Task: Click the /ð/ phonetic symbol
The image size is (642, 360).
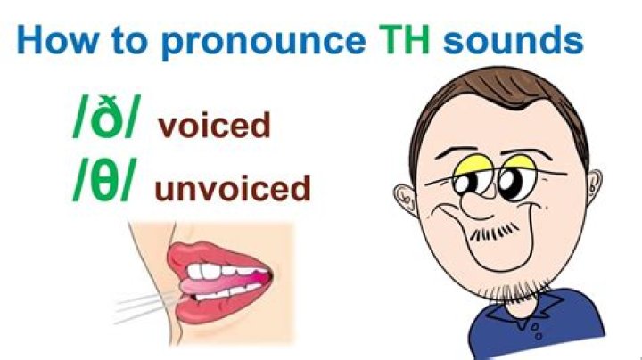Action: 105,121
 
